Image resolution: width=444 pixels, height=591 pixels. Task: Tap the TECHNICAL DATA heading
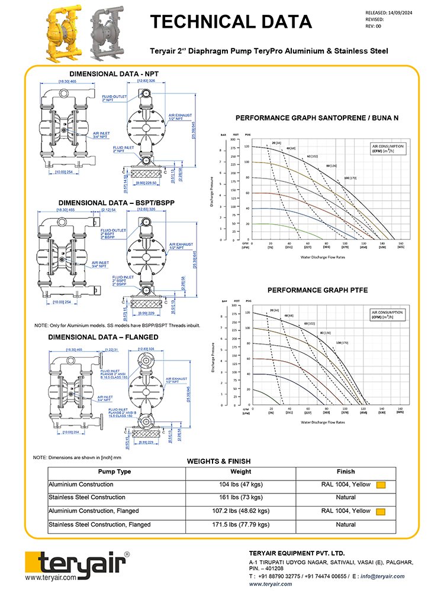point(230,22)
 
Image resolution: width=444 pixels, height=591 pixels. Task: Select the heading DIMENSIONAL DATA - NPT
point(114,74)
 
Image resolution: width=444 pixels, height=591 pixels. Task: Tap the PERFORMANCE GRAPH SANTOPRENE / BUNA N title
point(317,118)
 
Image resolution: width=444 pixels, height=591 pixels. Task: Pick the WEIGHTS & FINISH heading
point(218,461)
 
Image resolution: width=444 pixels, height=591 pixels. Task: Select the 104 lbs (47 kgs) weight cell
point(240,485)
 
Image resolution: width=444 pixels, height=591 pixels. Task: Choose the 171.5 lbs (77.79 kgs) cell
point(240,524)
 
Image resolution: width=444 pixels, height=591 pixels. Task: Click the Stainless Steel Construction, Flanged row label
point(99,524)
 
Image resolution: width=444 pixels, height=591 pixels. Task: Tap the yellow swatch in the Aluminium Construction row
point(381,485)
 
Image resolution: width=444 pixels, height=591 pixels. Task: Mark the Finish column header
point(346,472)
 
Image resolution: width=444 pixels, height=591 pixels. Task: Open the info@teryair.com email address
point(387,576)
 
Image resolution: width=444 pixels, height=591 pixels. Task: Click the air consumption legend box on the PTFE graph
point(388,314)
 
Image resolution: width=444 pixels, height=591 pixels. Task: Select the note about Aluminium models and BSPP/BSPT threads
point(117,326)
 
